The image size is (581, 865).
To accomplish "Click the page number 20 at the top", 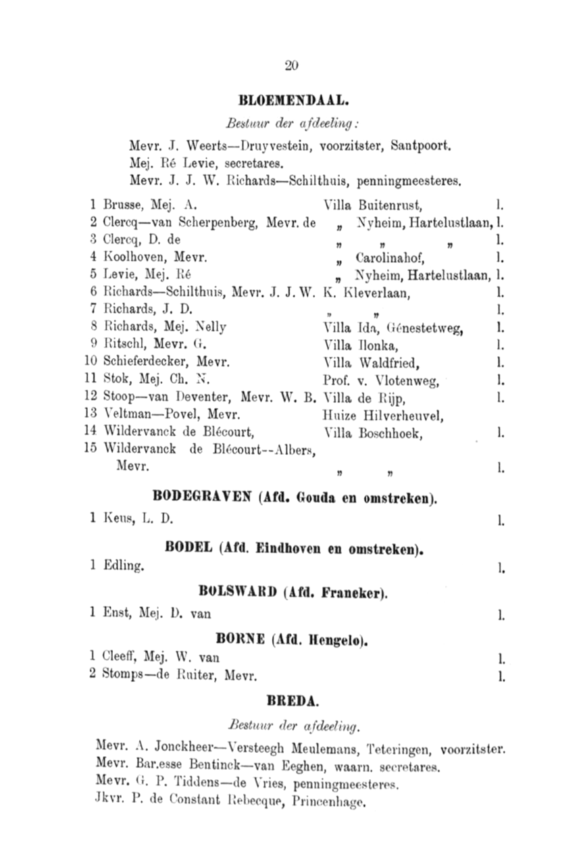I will click(291, 66).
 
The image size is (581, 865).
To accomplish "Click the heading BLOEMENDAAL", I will click(293, 101).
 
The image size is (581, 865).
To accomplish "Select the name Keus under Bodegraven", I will click(122, 520).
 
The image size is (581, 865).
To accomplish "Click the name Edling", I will click(122, 567).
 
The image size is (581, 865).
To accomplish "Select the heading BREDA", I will click(292, 702).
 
